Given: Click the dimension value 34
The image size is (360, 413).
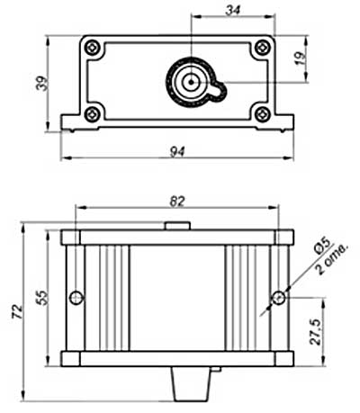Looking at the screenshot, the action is pos(233,10).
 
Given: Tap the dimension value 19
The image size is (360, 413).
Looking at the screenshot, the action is pos(301,58).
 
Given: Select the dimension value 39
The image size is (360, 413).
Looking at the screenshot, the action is pos(41,84).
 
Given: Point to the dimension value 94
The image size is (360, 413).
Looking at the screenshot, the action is pos(177,151).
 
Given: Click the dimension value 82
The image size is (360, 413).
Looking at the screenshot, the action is pos(177,202).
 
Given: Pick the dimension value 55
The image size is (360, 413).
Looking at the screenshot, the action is pos(42,298).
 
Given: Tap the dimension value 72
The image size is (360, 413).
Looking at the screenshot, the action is pos(17,311).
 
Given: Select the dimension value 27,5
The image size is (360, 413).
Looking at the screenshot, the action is pos(315,332).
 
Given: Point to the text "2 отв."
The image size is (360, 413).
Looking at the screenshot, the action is pos(332,260).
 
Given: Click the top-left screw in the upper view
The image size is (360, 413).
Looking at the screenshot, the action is pos(92,47).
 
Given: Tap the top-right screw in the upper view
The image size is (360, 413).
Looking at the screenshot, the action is pos(263,47).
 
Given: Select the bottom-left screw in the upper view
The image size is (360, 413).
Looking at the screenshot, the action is pos(92,114).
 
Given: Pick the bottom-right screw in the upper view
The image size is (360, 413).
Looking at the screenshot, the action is pos(263,114).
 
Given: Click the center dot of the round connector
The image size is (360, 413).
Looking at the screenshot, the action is pos(191,82).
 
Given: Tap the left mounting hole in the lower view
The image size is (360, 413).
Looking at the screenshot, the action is pos(76,298).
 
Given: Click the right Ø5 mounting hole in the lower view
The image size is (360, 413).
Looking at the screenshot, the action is pos(279,298).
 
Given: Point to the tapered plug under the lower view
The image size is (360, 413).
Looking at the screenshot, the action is pos(192,384).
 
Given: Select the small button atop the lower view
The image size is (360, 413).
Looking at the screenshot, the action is pos(177,226).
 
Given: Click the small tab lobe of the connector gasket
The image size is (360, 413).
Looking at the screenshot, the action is pos(220,91).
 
